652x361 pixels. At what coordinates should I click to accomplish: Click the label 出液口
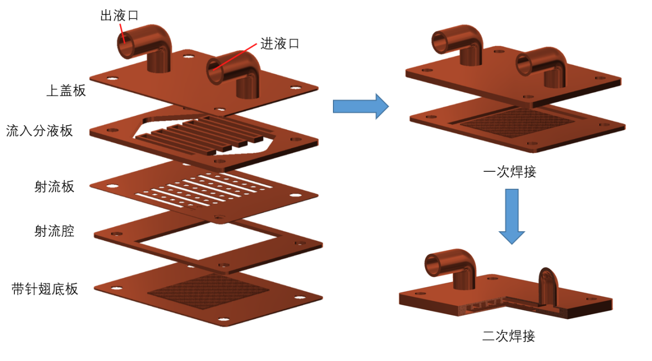click(x=119, y=15)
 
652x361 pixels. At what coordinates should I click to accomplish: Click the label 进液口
click(x=280, y=44)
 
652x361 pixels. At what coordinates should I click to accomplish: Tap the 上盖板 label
click(x=66, y=91)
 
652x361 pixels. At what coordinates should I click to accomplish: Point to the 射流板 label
click(x=54, y=186)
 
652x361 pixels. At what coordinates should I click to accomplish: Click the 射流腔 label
click(x=54, y=231)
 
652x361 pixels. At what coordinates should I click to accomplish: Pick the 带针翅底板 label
click(x=45, y=289)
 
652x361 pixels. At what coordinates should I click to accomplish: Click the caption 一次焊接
click(x=510, y=172)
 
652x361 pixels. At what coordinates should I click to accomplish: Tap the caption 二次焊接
click(x=509, y=336)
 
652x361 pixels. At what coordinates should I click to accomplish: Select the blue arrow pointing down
click(x=511, y=215)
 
